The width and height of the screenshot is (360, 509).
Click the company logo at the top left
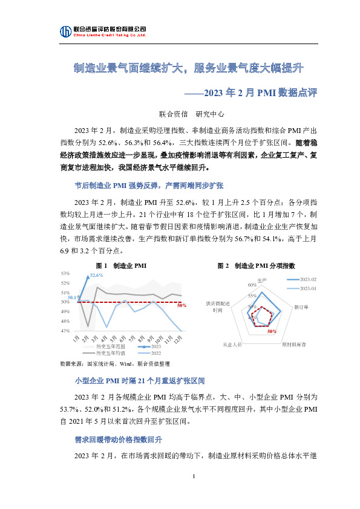(x=65, y=31)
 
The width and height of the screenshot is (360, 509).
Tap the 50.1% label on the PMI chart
(x=73, y=297)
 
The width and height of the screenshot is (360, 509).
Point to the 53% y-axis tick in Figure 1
(x=65, y=274)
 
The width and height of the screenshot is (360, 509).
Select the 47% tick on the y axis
(x=65, y=331)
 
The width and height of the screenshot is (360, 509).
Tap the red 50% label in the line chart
(x=181, y=305)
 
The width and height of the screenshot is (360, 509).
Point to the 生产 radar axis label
(x=262, y=280)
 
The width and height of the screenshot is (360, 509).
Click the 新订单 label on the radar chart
(x=301, y=308)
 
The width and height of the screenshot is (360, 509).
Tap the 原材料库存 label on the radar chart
(x=294, y=344)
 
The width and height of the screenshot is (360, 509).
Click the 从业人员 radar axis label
(x=232, y=344)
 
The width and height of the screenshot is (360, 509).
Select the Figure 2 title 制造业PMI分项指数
(x=257, y=266)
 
